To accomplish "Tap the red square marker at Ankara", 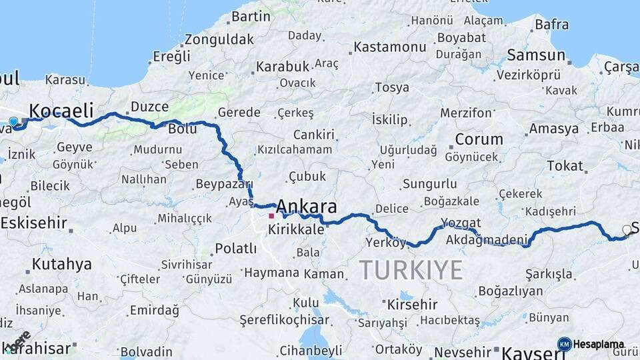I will (271, 216).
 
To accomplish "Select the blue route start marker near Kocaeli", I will (13, 121).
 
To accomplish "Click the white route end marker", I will (627, 230).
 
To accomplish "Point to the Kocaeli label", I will (61, 110).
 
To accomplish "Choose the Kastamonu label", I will (389, 47).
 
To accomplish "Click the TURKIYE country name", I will (411, 270).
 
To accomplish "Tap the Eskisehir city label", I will (33, 223).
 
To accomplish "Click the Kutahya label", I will (61, 264).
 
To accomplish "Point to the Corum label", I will (479, 139).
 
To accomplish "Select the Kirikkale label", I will (295, 229).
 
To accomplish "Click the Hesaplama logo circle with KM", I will (564, 344).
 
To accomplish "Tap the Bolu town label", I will (182, 129).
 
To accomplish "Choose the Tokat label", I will (565, 166).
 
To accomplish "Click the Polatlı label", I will (235, 249).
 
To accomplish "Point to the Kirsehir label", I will (413, 305).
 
